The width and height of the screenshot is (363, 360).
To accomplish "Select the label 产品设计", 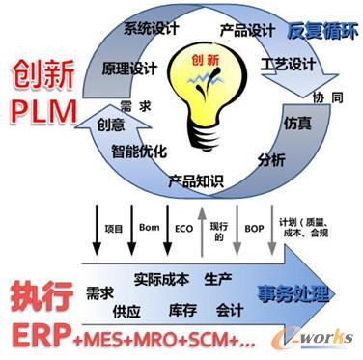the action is pyautogui.click(x=247, y=31).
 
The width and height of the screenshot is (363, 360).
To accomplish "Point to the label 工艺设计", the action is pyautogui.click(x=289, y=64).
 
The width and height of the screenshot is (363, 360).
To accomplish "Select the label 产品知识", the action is pyautogui.click(x=197, y=179).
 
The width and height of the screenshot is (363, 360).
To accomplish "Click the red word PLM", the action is pyautogui.click(x=43, y=114).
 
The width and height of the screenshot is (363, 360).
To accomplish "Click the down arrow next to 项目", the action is pyautogui.click(x=96, y=229).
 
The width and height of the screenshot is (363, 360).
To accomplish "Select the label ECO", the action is pyautogui.click(x=181, y=228).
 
